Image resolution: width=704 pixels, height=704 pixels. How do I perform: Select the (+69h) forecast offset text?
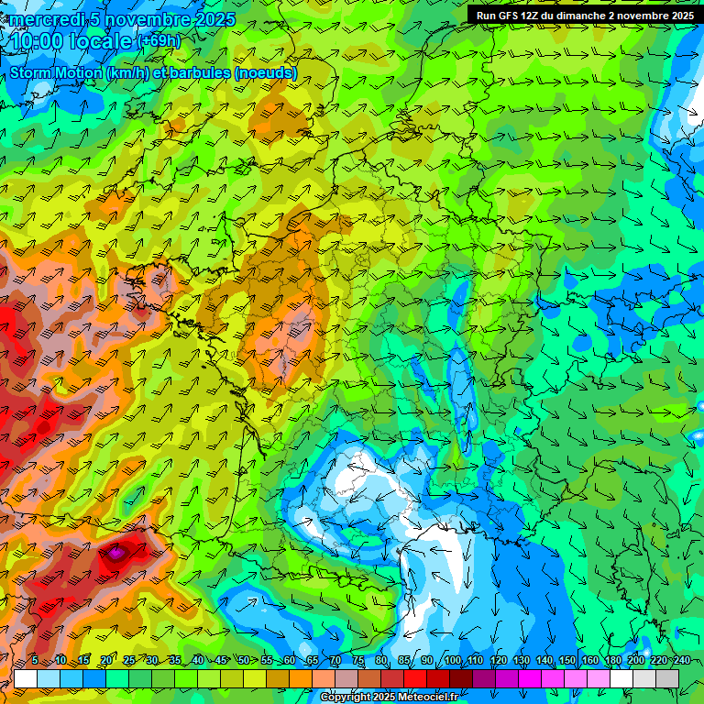coord(159,41)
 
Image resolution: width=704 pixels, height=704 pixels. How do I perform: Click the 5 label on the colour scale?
coord(35,661)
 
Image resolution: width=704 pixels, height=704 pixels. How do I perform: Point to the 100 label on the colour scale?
coord(452,661)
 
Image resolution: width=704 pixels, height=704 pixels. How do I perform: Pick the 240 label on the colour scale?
coord(682,661)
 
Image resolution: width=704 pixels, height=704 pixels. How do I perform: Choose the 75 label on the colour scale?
coord(358,661)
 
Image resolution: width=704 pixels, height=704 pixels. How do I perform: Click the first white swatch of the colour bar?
coord(26,678)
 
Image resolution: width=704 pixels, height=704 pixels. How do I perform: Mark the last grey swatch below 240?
coord(667,678)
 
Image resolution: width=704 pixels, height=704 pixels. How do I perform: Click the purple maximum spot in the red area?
coord(117,553)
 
